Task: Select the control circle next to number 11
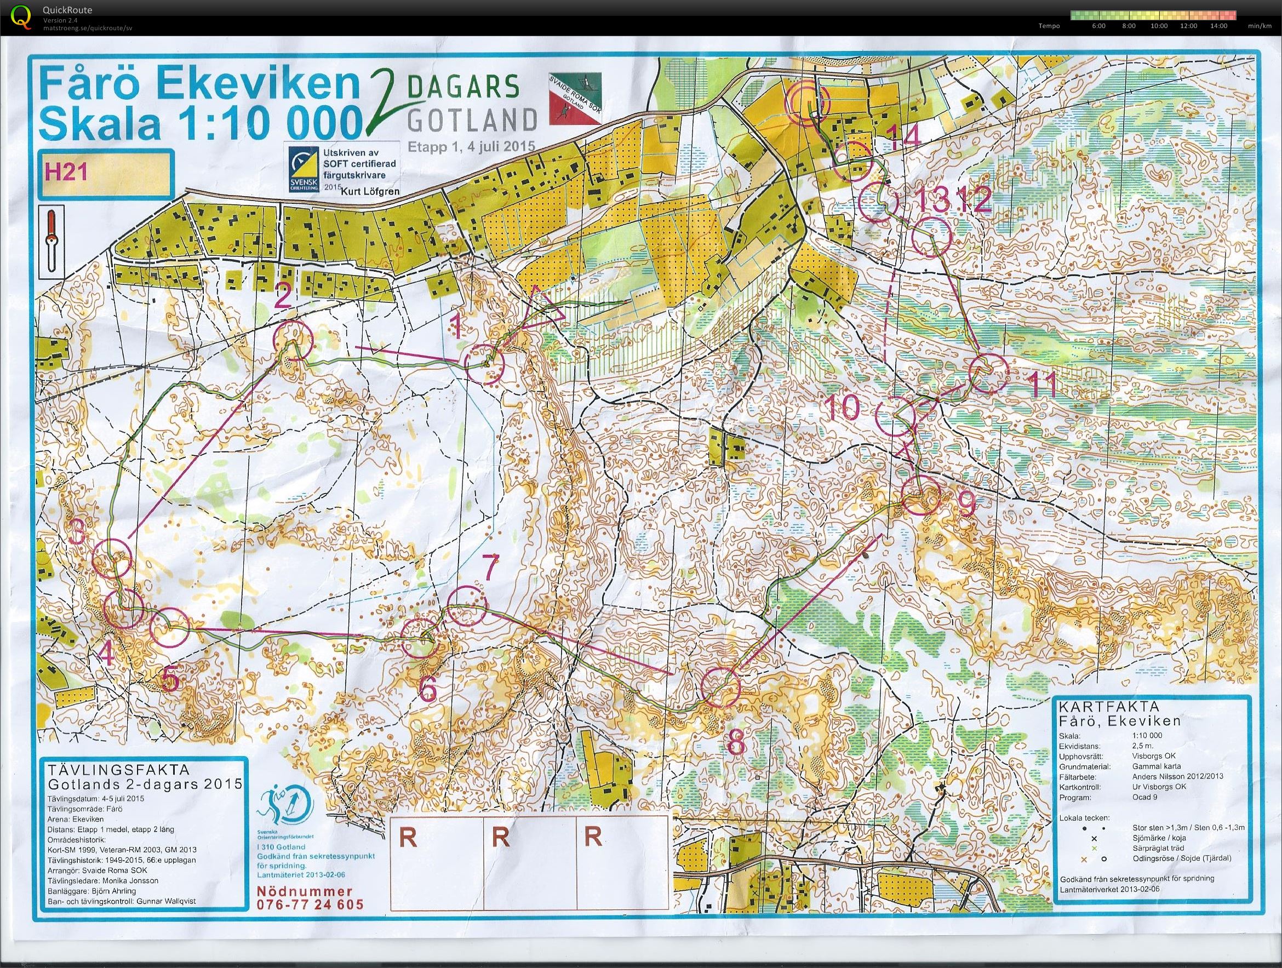click(988, 373)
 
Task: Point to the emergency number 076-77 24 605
click(310, 904)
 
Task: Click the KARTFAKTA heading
click(1101, 707)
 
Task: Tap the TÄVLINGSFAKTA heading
click(119, 770)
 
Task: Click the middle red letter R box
click(500, 838)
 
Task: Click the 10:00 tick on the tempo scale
click(1159, 26)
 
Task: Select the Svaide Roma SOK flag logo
click(575, 98)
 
